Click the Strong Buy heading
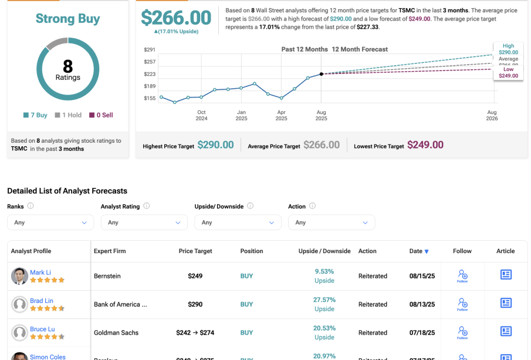67,19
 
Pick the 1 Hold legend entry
68,115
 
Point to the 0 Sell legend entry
101,115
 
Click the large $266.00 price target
176,18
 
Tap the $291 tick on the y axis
150,50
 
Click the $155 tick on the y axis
150,98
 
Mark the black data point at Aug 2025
321,74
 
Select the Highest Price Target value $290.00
215,145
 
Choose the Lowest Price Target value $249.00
425,145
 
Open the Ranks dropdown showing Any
50,223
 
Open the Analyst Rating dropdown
144,223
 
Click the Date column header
419,251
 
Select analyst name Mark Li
40,272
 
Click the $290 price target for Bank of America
195,304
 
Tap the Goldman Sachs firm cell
116,332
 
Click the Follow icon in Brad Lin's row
462,304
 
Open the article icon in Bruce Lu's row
506,331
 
